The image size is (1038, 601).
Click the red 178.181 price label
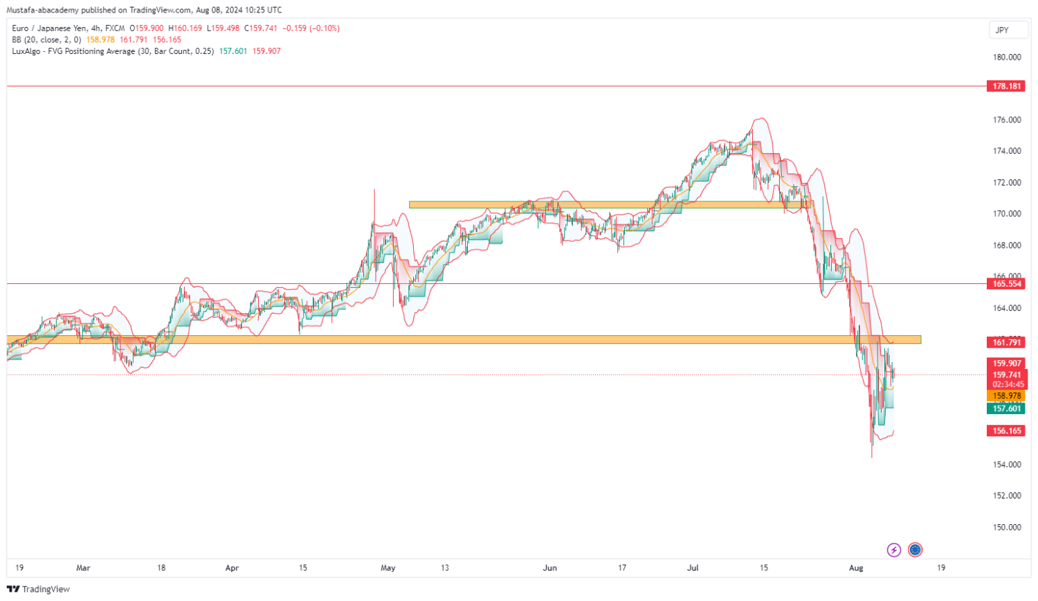pyautogui.click(x=1007, y=87)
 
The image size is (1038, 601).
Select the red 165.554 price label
pyautogui.click(x=1007, y=284)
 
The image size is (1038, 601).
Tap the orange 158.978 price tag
pyautogui.click(x=1007, y=397)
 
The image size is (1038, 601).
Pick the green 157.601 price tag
pyautogui.click(x=1007, y=409)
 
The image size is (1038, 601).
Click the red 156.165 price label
pyautogui.click(x=1007, y=431)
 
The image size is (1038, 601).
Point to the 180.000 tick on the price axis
pyautogui.click(x=1007, y=57)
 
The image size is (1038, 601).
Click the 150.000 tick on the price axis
pyautogui.click(x=1007, y=528)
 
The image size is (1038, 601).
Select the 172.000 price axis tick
pyautogui.click(x=1007, y=183)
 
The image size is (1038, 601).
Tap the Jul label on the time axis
pyautogui.click(x=693, y=568)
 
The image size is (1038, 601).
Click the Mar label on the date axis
pyautogui.click(x=83, y=568)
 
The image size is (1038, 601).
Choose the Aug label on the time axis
pyautogui.click(x=856, y=568)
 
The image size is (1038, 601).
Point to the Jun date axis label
pyautogui.click(x=549, y=568)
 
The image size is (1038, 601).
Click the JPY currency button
pyautogui.click(x=1002, y=30)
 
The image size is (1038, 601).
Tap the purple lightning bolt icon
pyautogui.click(x=894, y=550)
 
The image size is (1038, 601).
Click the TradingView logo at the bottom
pyautogui.click(x=39, y=589)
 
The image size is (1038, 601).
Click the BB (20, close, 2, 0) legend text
pyautogui.click(x=46, y=40)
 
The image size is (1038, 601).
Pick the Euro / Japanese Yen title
pyautogui.click(x=49, y=28)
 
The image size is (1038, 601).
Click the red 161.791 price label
pyautogui.click(x=1007, y=342)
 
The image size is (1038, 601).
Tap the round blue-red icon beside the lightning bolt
pyautogui.click(x=916, y=550)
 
